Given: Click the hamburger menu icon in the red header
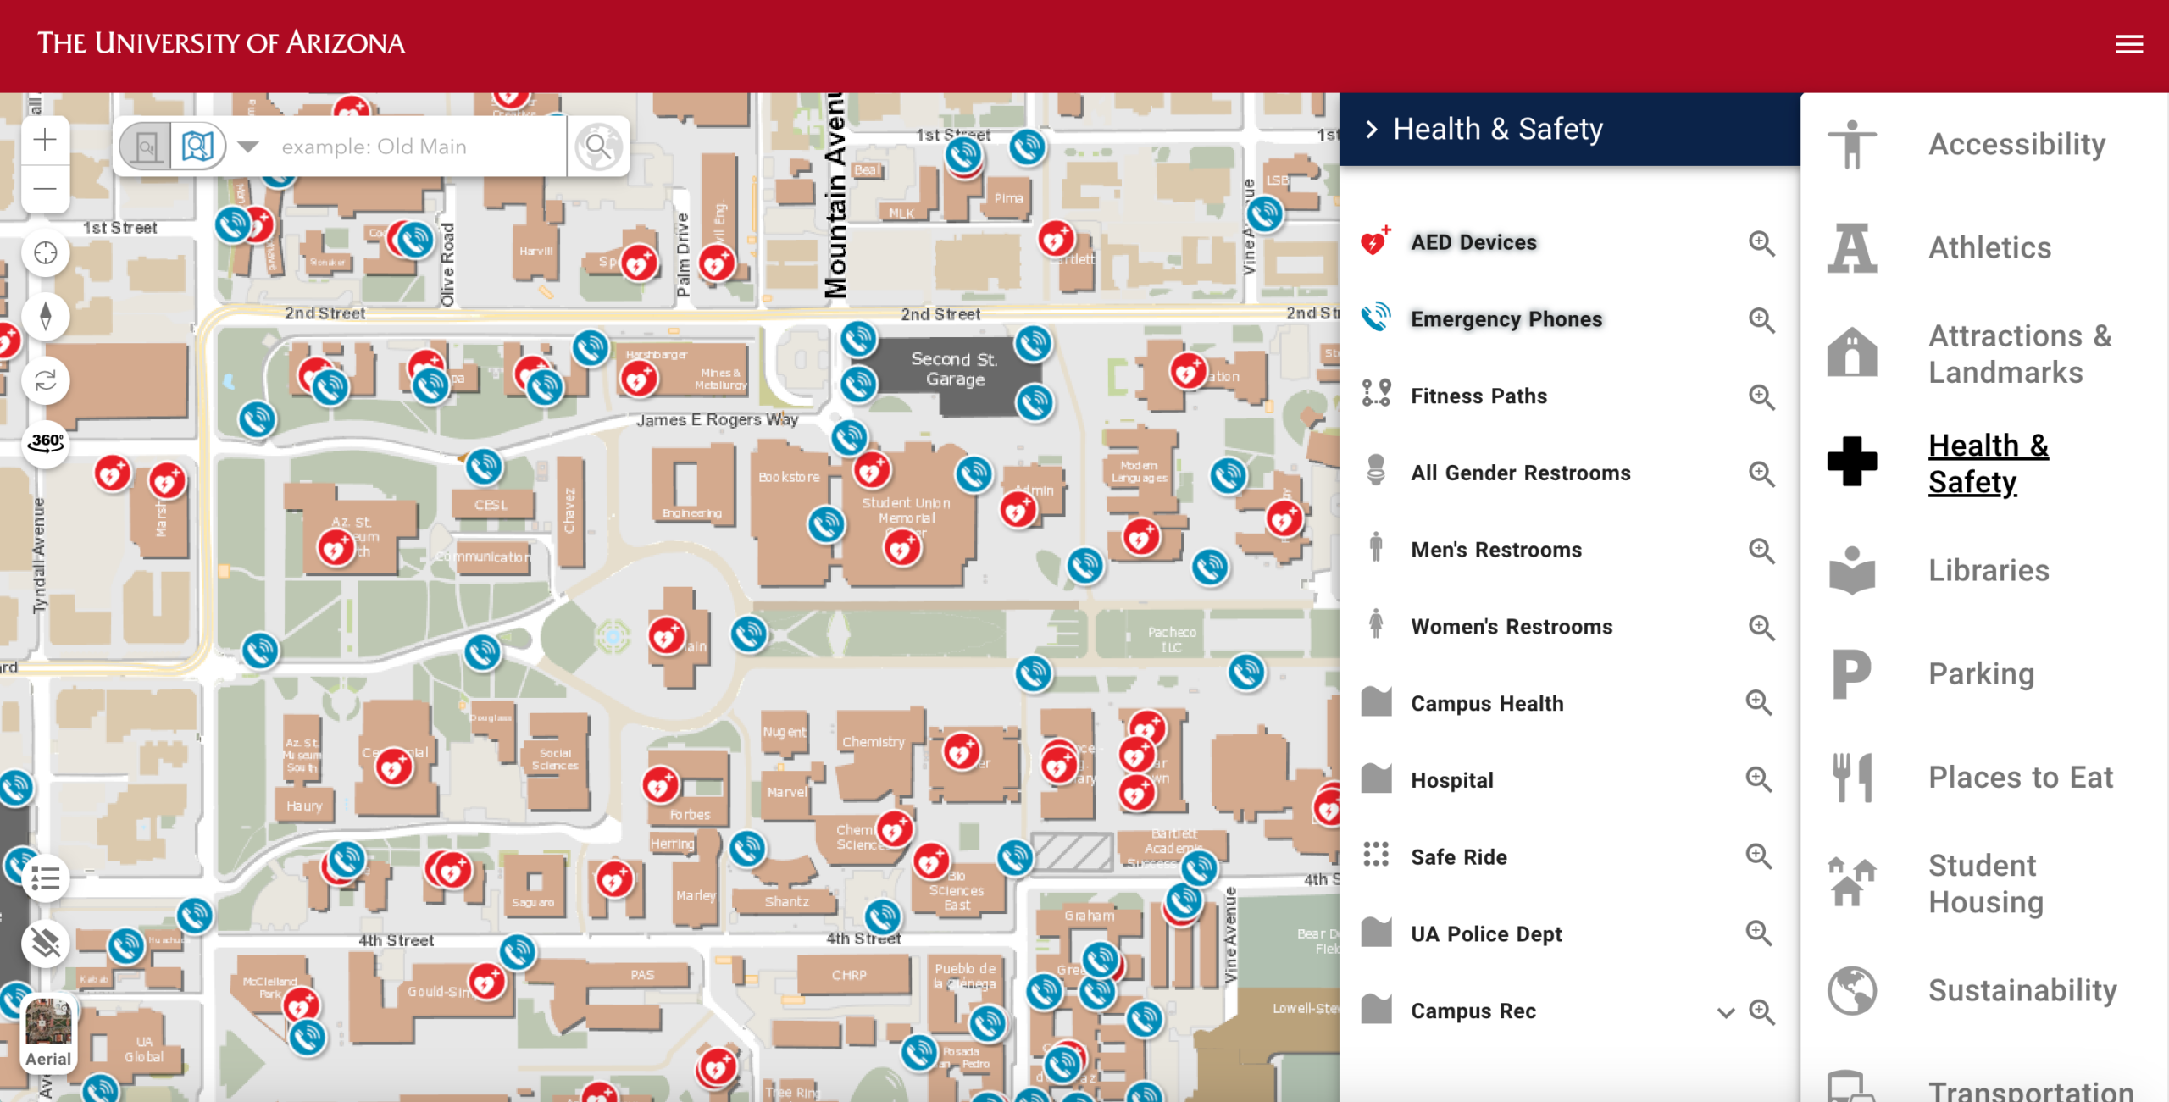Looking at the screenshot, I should point(2128,44).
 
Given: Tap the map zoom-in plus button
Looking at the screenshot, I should point(45,140).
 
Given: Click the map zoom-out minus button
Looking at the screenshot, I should point(45,189).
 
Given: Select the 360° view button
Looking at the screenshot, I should point(46,442).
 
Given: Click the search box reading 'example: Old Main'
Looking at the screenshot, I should point(415,147).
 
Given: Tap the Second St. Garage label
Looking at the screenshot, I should point(955,369).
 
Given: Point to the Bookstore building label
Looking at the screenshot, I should point(789,477).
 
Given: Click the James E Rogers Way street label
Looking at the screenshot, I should point(717,419).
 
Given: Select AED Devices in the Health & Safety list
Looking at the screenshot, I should point(1473,243).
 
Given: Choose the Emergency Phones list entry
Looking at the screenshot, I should point(1506,319).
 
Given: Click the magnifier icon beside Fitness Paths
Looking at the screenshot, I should point(1761,396).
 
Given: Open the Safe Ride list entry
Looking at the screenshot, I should point(1458,857).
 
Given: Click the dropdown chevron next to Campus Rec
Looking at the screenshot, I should point(1725,1012).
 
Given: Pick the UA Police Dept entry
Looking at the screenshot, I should point(1485,934).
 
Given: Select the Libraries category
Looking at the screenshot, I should point(1988,571).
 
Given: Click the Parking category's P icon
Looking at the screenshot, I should point(1851,674).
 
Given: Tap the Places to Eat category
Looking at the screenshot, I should point(2020,778).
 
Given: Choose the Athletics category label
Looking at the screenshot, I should point(1989,248).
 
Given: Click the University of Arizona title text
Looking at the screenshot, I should point(221,43).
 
